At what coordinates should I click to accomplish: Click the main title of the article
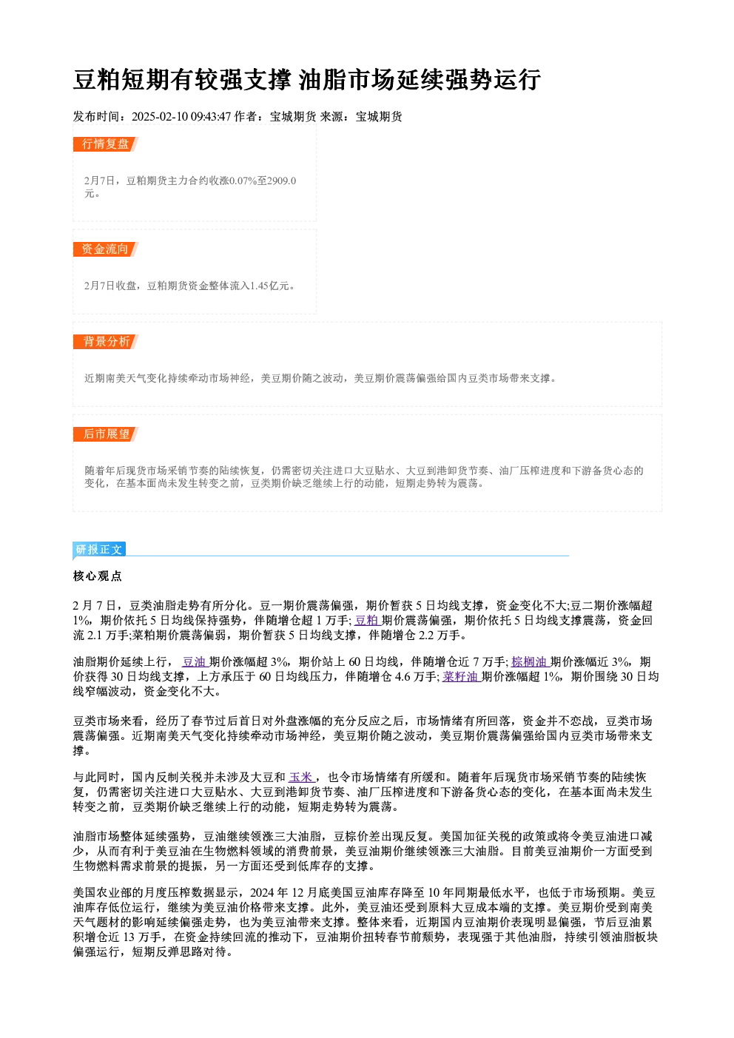(x=307, y=79)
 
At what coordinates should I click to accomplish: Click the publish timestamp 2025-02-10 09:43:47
(x=181, y=117)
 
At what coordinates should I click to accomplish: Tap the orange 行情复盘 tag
(x=106, y=144)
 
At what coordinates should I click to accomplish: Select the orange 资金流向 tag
(x=106, y=249)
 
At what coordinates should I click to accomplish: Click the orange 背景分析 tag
(x=106, y=342)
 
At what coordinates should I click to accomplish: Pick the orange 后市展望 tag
(x=106, y=434)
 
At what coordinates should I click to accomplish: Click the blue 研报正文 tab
(x=99, y=550)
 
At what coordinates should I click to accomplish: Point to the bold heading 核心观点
(x=98, y=576)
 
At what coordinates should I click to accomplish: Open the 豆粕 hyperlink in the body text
(x=367, y=621)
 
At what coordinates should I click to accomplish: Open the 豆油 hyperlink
(x=195, y=662)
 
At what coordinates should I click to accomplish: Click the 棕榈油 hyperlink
(x=530, y=662)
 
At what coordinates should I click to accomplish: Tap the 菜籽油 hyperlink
(x=461, y=677)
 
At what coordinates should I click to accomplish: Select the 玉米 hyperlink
(x=302, y=777)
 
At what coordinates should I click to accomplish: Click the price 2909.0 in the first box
(x=282, y=181)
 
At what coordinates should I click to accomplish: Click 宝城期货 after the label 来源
(x=379, y=117)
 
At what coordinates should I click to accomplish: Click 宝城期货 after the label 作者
(x=293, y=117)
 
